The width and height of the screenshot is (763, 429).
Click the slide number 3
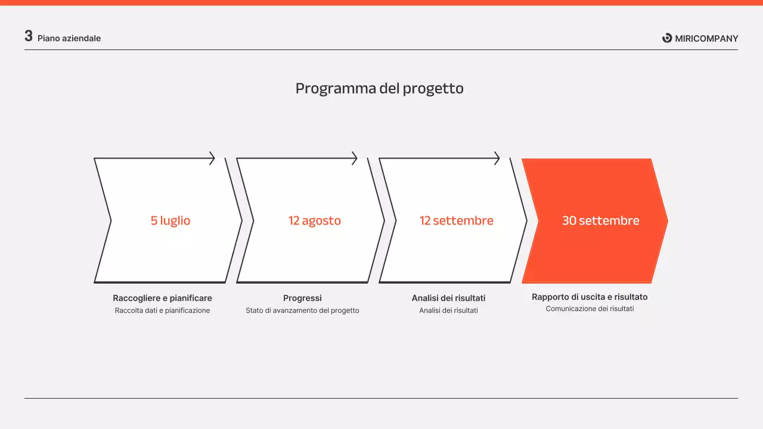point(29,36)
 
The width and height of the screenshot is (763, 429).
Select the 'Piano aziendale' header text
point(69,39)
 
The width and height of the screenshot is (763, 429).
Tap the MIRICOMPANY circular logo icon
point(667,38)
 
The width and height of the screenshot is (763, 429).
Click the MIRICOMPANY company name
point(706,39)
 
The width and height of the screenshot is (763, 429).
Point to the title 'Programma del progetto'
point(380,89)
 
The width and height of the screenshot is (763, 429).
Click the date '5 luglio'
point(170,220)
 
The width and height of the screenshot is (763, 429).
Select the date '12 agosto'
point(315,220)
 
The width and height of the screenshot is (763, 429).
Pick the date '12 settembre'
point(457,220)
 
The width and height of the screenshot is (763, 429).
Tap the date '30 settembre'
point(600,220)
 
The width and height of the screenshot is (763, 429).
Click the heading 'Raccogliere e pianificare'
point(162,298)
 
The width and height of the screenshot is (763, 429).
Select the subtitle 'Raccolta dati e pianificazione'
point(162,310)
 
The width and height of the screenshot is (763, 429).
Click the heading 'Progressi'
point(302,298)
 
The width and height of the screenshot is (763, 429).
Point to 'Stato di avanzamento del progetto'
point(302,310)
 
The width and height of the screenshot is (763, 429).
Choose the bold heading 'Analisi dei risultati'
point(448,298)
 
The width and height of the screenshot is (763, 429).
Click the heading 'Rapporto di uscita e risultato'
point(590,297)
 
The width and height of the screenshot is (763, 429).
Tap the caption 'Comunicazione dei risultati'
point(590,309)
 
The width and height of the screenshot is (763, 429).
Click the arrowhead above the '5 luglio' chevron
point(212,158)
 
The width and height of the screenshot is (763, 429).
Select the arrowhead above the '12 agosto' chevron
point(355,158)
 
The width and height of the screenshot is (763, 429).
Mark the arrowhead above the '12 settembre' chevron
point(497,158)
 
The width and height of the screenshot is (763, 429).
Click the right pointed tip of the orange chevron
point(666,221)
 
